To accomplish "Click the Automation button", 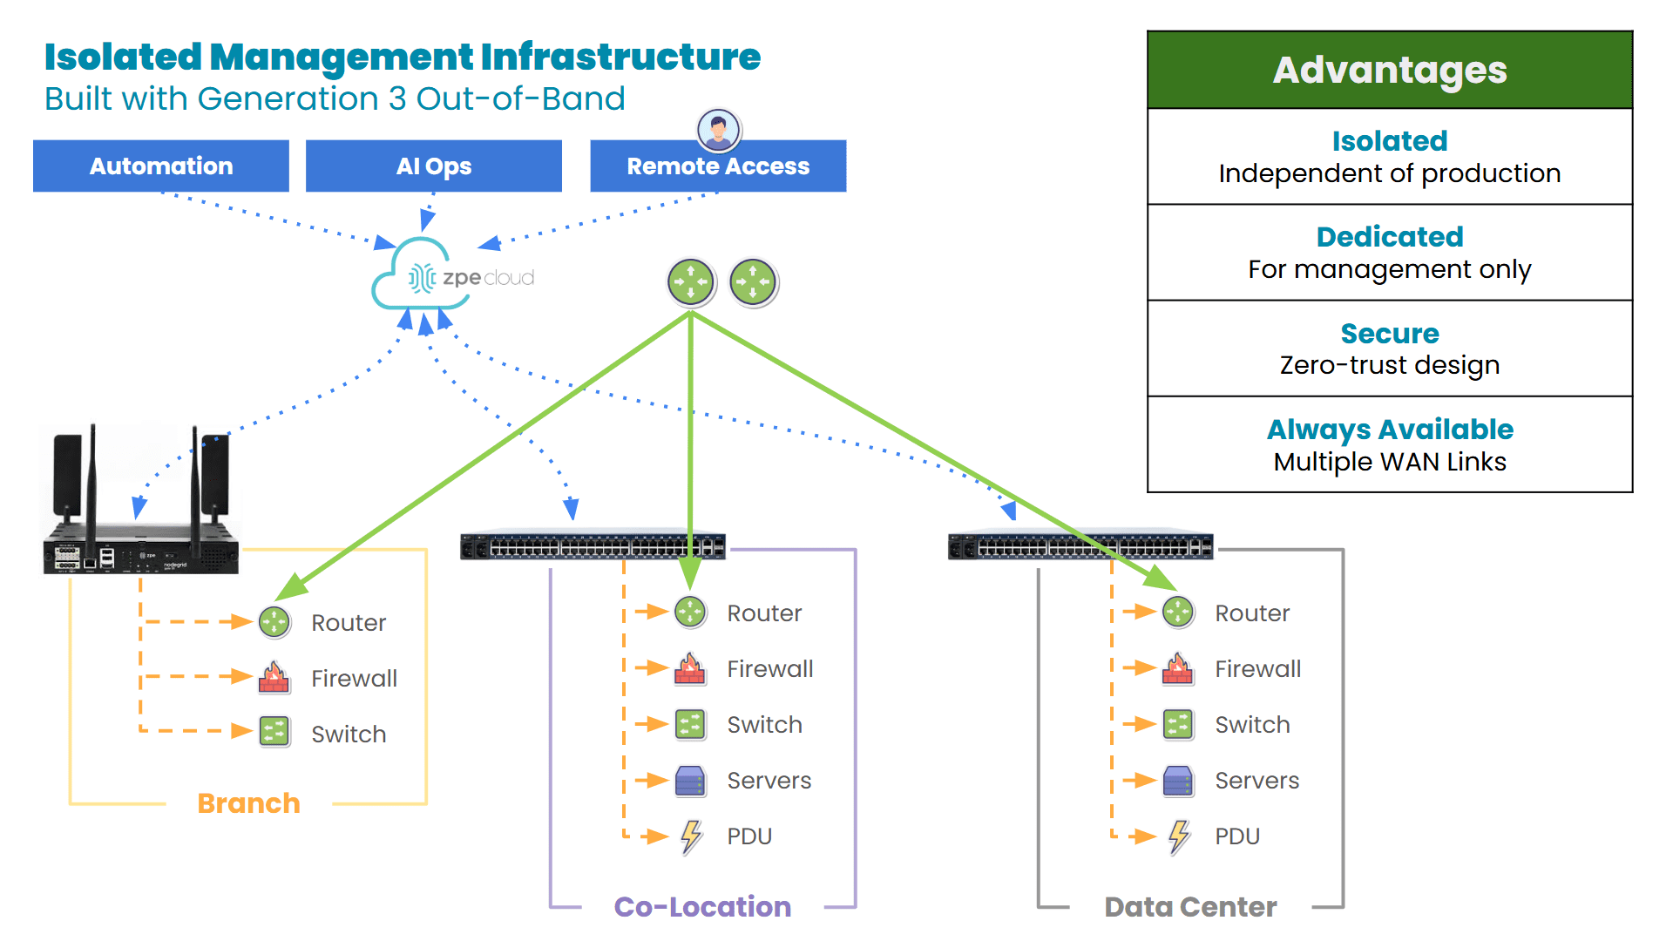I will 161,166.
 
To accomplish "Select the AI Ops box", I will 433,166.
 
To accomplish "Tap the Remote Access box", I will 718,166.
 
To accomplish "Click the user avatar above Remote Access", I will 719,131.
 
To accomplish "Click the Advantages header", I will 1390,70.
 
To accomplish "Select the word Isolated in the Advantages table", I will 1390,141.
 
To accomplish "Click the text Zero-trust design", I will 1390,365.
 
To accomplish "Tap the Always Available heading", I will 1390,430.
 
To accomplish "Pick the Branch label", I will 248,803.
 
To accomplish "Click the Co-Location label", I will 702,907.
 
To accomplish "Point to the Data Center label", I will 1190,907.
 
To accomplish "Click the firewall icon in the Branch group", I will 274,678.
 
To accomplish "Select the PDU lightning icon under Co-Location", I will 691,836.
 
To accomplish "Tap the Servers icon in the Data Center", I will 1178,781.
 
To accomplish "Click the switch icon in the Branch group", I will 274,733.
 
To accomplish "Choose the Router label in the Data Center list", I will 1252,613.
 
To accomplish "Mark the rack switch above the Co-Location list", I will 593,547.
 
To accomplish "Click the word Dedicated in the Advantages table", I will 1390,237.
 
